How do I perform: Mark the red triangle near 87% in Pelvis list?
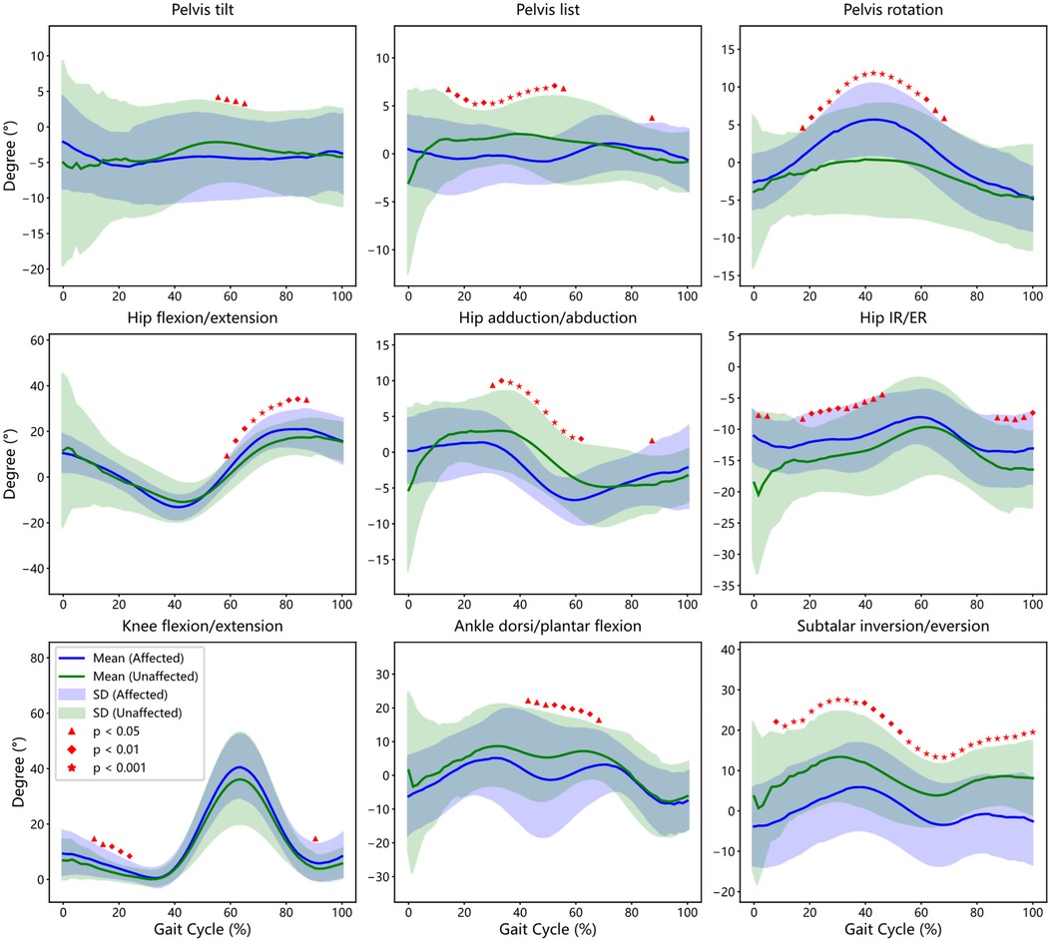click(x=652, y=119)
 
